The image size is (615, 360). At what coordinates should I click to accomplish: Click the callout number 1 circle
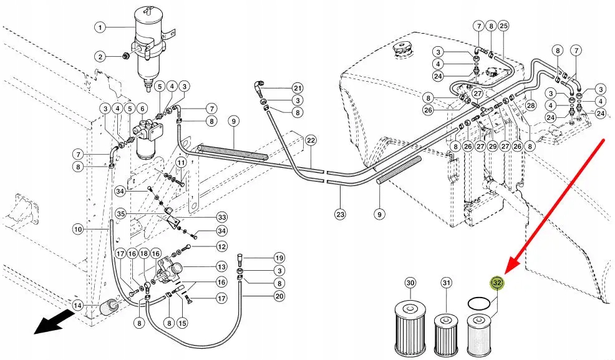coord(100,27)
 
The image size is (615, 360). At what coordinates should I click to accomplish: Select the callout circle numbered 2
coord(100,57)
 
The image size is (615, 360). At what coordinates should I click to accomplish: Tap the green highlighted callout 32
coord(497,283)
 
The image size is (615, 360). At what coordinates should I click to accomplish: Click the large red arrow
coord(555,207)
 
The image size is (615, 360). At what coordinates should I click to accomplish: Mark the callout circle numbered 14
coord(77,306)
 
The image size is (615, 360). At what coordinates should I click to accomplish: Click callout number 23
coord(339,214)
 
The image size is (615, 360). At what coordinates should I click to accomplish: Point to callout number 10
coord(77,230)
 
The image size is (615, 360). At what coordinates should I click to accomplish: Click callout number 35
coord(121,213)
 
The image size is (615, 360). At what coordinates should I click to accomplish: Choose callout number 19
coord(279,258)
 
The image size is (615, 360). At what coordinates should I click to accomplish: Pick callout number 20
coord(279,296)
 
